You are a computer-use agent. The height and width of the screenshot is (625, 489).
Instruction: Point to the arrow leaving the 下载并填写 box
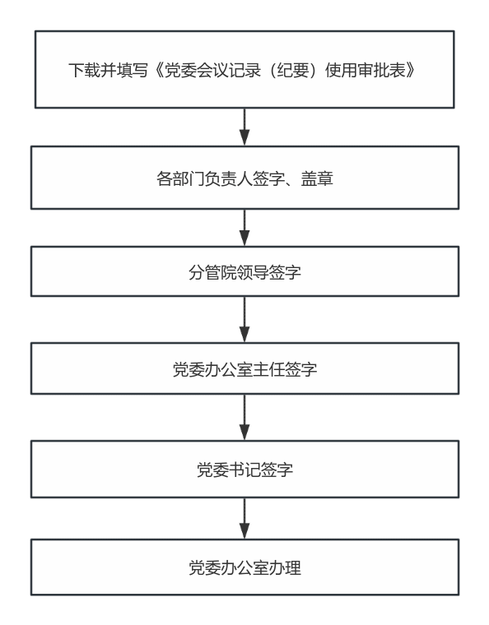(x=244, y=127)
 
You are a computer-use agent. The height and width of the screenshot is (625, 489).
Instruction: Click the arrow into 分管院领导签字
(x=244, y=228)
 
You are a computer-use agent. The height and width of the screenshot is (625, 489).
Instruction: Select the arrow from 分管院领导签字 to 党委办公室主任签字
(x=244, y=319)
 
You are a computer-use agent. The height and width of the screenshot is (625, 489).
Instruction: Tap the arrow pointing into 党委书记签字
(x=244, y=417)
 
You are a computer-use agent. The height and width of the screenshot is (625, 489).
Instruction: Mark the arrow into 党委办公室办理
(x=244, y=518)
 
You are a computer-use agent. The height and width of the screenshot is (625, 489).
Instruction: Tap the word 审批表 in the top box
(x=382, y=70)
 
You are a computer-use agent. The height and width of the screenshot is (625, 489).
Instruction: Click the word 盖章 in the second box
(x=317, y=178)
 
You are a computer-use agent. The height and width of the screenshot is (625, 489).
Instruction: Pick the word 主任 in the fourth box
(x=269, y=369)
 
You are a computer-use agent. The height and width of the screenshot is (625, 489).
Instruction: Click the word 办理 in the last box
(x=285, y=568)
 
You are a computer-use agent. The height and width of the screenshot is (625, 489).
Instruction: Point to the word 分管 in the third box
(x=205, y=273)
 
